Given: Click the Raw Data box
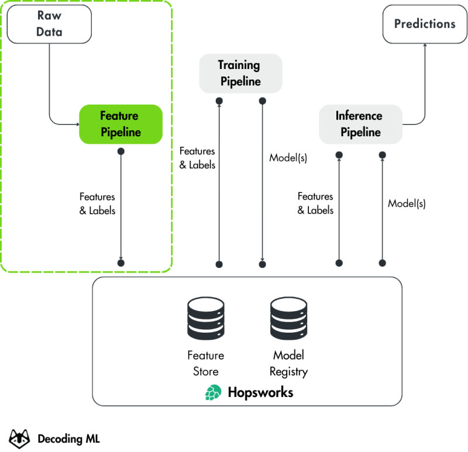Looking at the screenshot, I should (x=49, y=24).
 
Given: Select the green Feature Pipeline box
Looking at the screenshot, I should (x=121, y=124).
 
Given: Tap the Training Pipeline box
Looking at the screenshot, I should (x=240, y=73).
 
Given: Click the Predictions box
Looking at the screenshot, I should (x=424, y=25).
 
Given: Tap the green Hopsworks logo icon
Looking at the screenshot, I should (x=214, y=392).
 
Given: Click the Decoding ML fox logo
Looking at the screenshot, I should (x=20, y=437).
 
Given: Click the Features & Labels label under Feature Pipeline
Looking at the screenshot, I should (x=97, y=203).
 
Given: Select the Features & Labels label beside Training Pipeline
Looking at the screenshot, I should (x=197, y=158).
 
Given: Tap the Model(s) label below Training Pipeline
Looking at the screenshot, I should (x=288, y=158).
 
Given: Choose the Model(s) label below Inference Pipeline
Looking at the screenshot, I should (x=407, y=203).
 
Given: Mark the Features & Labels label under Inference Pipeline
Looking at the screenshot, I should (x=316, y=203).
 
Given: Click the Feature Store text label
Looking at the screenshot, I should (x=205, y=363).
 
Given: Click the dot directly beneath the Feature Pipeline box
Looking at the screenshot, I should (x=121, y=151).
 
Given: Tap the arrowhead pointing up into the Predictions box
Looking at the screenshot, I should (x=424, y=46).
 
